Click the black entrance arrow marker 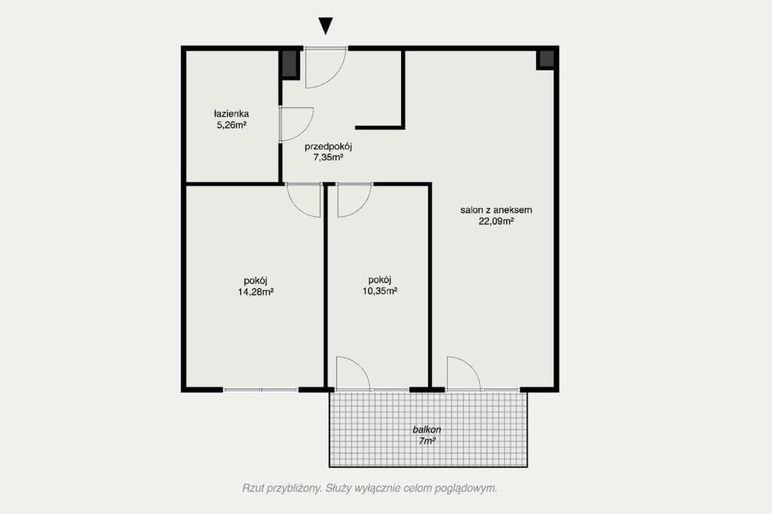[x=326, y=26]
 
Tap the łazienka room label [x=231, y=114]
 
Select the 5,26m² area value [x=231, y=125]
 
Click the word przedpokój [x=329, y=147]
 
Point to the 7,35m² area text [x=329, y=158]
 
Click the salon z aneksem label [x=496, y=210]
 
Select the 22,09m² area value [x=496, y=221]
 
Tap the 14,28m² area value [x=256, y=292]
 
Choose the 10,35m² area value [x=380, y=291]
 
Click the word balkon [x=427, y=430]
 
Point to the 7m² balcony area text [x=427, y=441]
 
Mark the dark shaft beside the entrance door [x=289, y=64]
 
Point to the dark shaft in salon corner [x=546, y=60]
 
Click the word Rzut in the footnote [x=253, y=488]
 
